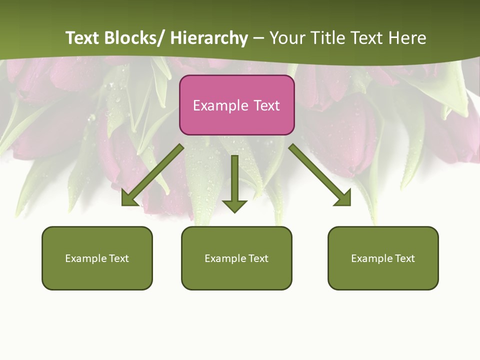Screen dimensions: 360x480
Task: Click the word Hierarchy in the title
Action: [209, 38]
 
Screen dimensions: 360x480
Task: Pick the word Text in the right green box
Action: [405, 258]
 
